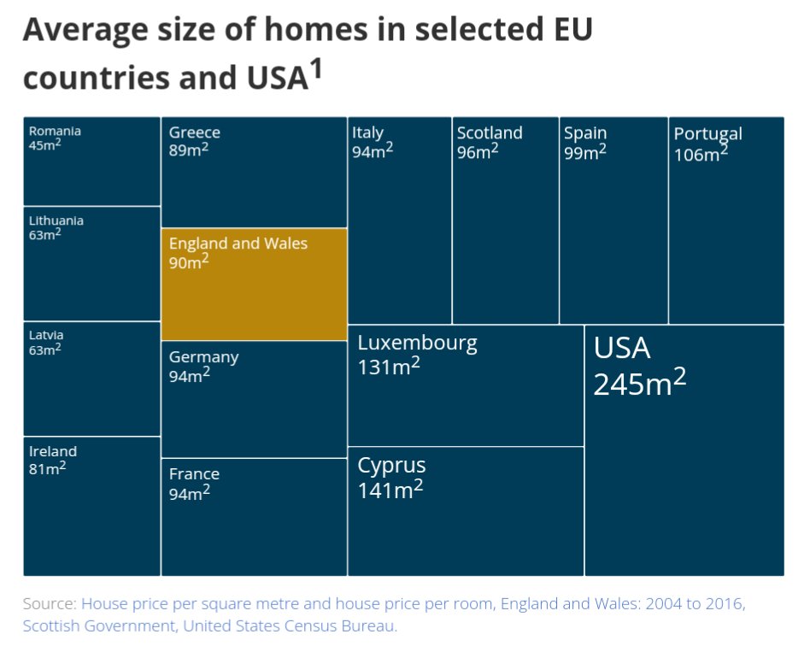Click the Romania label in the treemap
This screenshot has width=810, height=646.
click(55, 131)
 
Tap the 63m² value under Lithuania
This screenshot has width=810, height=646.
click(44, 235)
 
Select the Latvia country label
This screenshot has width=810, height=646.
click(46, 336)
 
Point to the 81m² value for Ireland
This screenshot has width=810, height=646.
click(47, 468)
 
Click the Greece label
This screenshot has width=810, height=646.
click(194, 132)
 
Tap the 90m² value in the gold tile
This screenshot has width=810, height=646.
click(189, 262)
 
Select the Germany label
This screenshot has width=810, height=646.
click(203, 357)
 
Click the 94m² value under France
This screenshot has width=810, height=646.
click(189, 493)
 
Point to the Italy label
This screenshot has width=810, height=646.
click(367, 132)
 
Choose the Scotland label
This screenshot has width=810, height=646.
click(489, 132)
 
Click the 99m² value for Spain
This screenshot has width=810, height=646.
click(584, 152)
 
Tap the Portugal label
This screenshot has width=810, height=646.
click(707, 133)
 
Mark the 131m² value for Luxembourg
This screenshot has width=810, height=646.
click(389, 367)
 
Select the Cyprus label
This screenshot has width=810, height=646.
click(391, 466)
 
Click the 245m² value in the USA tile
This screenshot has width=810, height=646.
click(639, 384)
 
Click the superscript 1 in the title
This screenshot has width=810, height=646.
click(315, 71)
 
